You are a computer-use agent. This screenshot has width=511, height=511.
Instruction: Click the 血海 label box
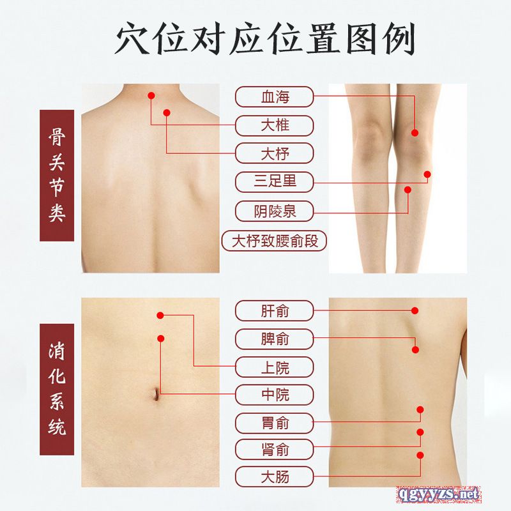(274, 97)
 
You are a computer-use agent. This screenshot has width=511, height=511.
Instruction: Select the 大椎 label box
(274, 125)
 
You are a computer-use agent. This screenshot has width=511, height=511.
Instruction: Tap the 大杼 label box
(274, 153)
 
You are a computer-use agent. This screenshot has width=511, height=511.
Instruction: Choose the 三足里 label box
(274, 182)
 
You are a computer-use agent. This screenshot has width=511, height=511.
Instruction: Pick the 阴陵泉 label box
(274, 211)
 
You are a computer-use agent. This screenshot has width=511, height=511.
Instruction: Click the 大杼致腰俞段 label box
(274, 241)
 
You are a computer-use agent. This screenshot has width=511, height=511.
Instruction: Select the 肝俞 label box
(274, 310)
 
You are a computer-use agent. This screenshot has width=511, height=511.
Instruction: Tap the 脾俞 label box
(274, 339)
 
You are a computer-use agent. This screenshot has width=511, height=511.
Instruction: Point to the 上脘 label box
(274, 367)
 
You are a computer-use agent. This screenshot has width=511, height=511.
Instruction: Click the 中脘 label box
(274, 395)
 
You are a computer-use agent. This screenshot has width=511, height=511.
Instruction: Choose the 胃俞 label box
(274, 423)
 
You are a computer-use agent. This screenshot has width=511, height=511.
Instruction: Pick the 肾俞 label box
(274, 450)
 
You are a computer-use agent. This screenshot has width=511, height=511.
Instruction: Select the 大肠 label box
(274, 477)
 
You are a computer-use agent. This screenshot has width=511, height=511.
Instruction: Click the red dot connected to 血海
(415, 133)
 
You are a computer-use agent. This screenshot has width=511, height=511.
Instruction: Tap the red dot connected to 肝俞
(415, 310)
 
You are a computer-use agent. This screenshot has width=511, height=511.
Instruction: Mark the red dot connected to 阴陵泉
(408, 190)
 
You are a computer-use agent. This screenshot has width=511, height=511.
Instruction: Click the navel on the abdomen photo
(156, 393)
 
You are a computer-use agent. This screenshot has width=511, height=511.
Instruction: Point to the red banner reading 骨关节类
(57, 175)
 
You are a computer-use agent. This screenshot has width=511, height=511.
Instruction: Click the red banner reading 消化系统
(57, 390)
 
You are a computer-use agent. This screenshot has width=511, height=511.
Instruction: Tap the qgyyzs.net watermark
(439, 494)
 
